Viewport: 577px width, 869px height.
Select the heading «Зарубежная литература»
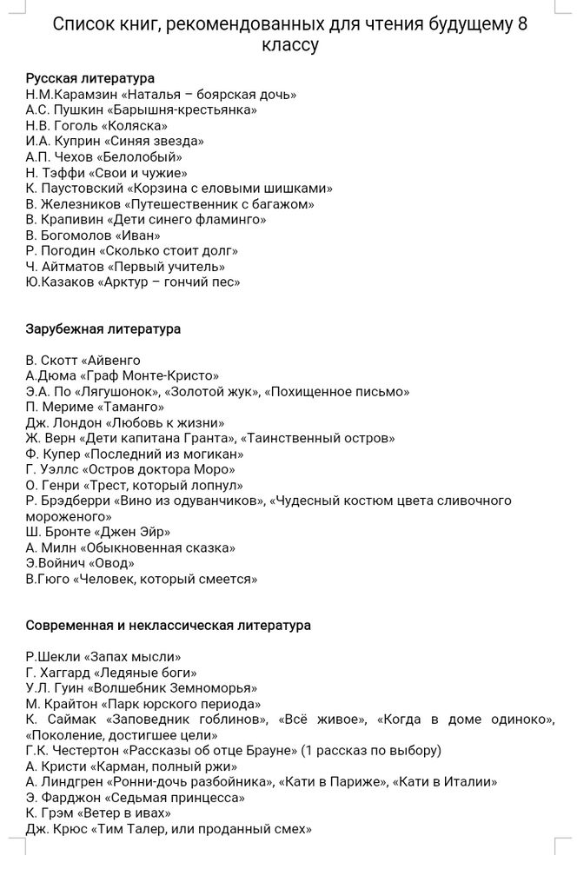pyautogui.click(x=103, y=329)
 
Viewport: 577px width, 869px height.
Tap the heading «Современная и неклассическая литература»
pyautogui.click(x=168, y=625)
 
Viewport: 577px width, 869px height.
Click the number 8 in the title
pyautogui.click(x=521, y=24)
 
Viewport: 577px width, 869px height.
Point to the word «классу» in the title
pyautogui.click(x=289, y=45)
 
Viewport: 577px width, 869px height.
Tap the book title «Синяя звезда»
pyautogui.click(x=154, y=142)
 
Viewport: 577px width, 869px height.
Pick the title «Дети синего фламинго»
pyautogui.click(x=185, y=220)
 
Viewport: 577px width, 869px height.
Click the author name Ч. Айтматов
pyautogui.click(x=63, y=267)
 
